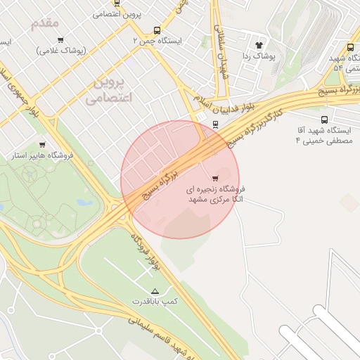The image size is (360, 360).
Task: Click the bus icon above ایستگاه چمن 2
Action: pos(156,30)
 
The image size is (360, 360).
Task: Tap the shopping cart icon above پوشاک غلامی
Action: pos(60,40)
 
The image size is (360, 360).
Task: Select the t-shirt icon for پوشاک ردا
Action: pos(258,44)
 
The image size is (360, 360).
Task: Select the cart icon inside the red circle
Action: pos(214,177)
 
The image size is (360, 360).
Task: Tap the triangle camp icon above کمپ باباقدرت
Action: pos(155,290)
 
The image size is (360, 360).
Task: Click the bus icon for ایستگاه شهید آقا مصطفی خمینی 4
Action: pos(323,120)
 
